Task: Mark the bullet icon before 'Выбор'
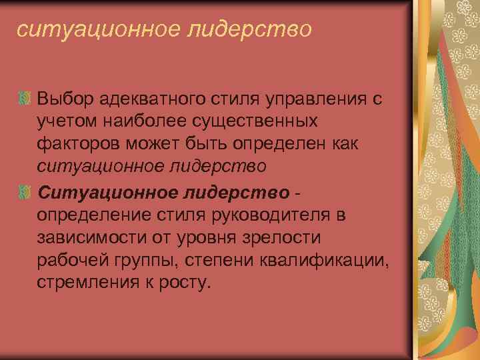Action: pos(25,100)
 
